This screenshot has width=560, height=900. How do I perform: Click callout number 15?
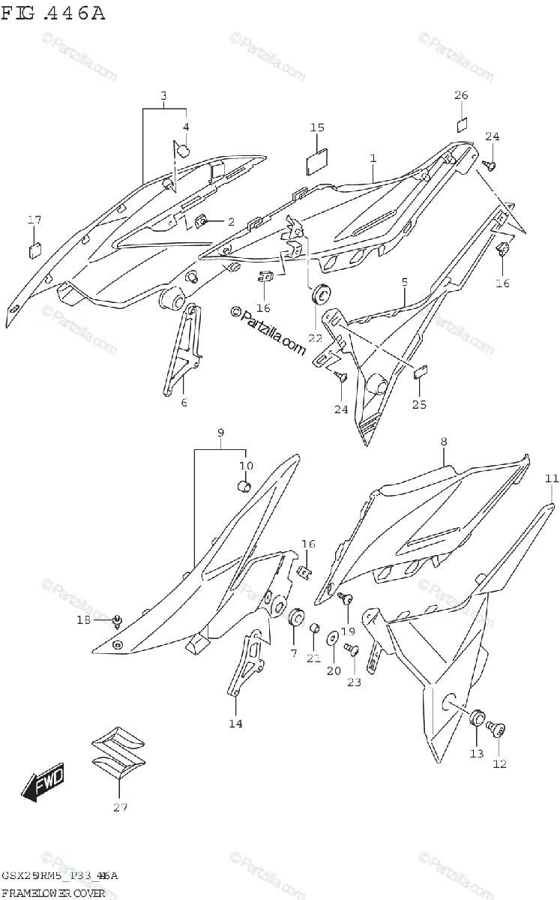(x=316, y=128)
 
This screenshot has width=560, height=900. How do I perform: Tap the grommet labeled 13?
(x=476, y=718)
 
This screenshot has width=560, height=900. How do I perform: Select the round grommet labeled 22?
(x=320, y=295)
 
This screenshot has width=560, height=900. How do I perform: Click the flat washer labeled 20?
(x=332, y=638)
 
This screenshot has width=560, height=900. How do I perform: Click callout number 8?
(x=443, y=442)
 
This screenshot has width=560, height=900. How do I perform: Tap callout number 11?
(x=552, y=478)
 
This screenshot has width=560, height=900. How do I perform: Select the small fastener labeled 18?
(x=116, y=620)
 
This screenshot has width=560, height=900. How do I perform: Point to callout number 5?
(x=404, y=282)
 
